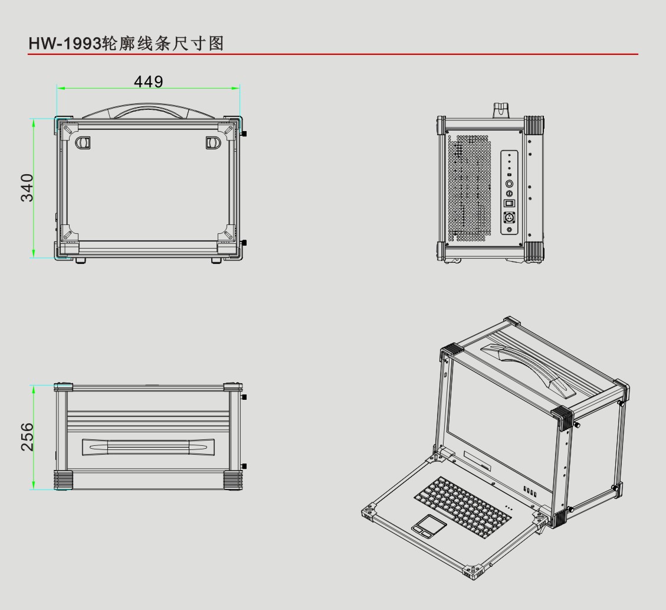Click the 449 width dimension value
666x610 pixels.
(148, 81)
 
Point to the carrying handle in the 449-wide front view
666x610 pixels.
(148, 110)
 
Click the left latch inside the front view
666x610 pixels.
(83, 142)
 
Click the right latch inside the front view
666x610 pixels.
(212, 142)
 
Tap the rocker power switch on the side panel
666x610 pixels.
(509, 203)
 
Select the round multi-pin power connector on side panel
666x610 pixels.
(509, 217)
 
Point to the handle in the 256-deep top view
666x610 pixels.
(148, 446)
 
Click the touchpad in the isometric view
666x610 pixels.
(429, 524)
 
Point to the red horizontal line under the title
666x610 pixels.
(333, 54)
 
